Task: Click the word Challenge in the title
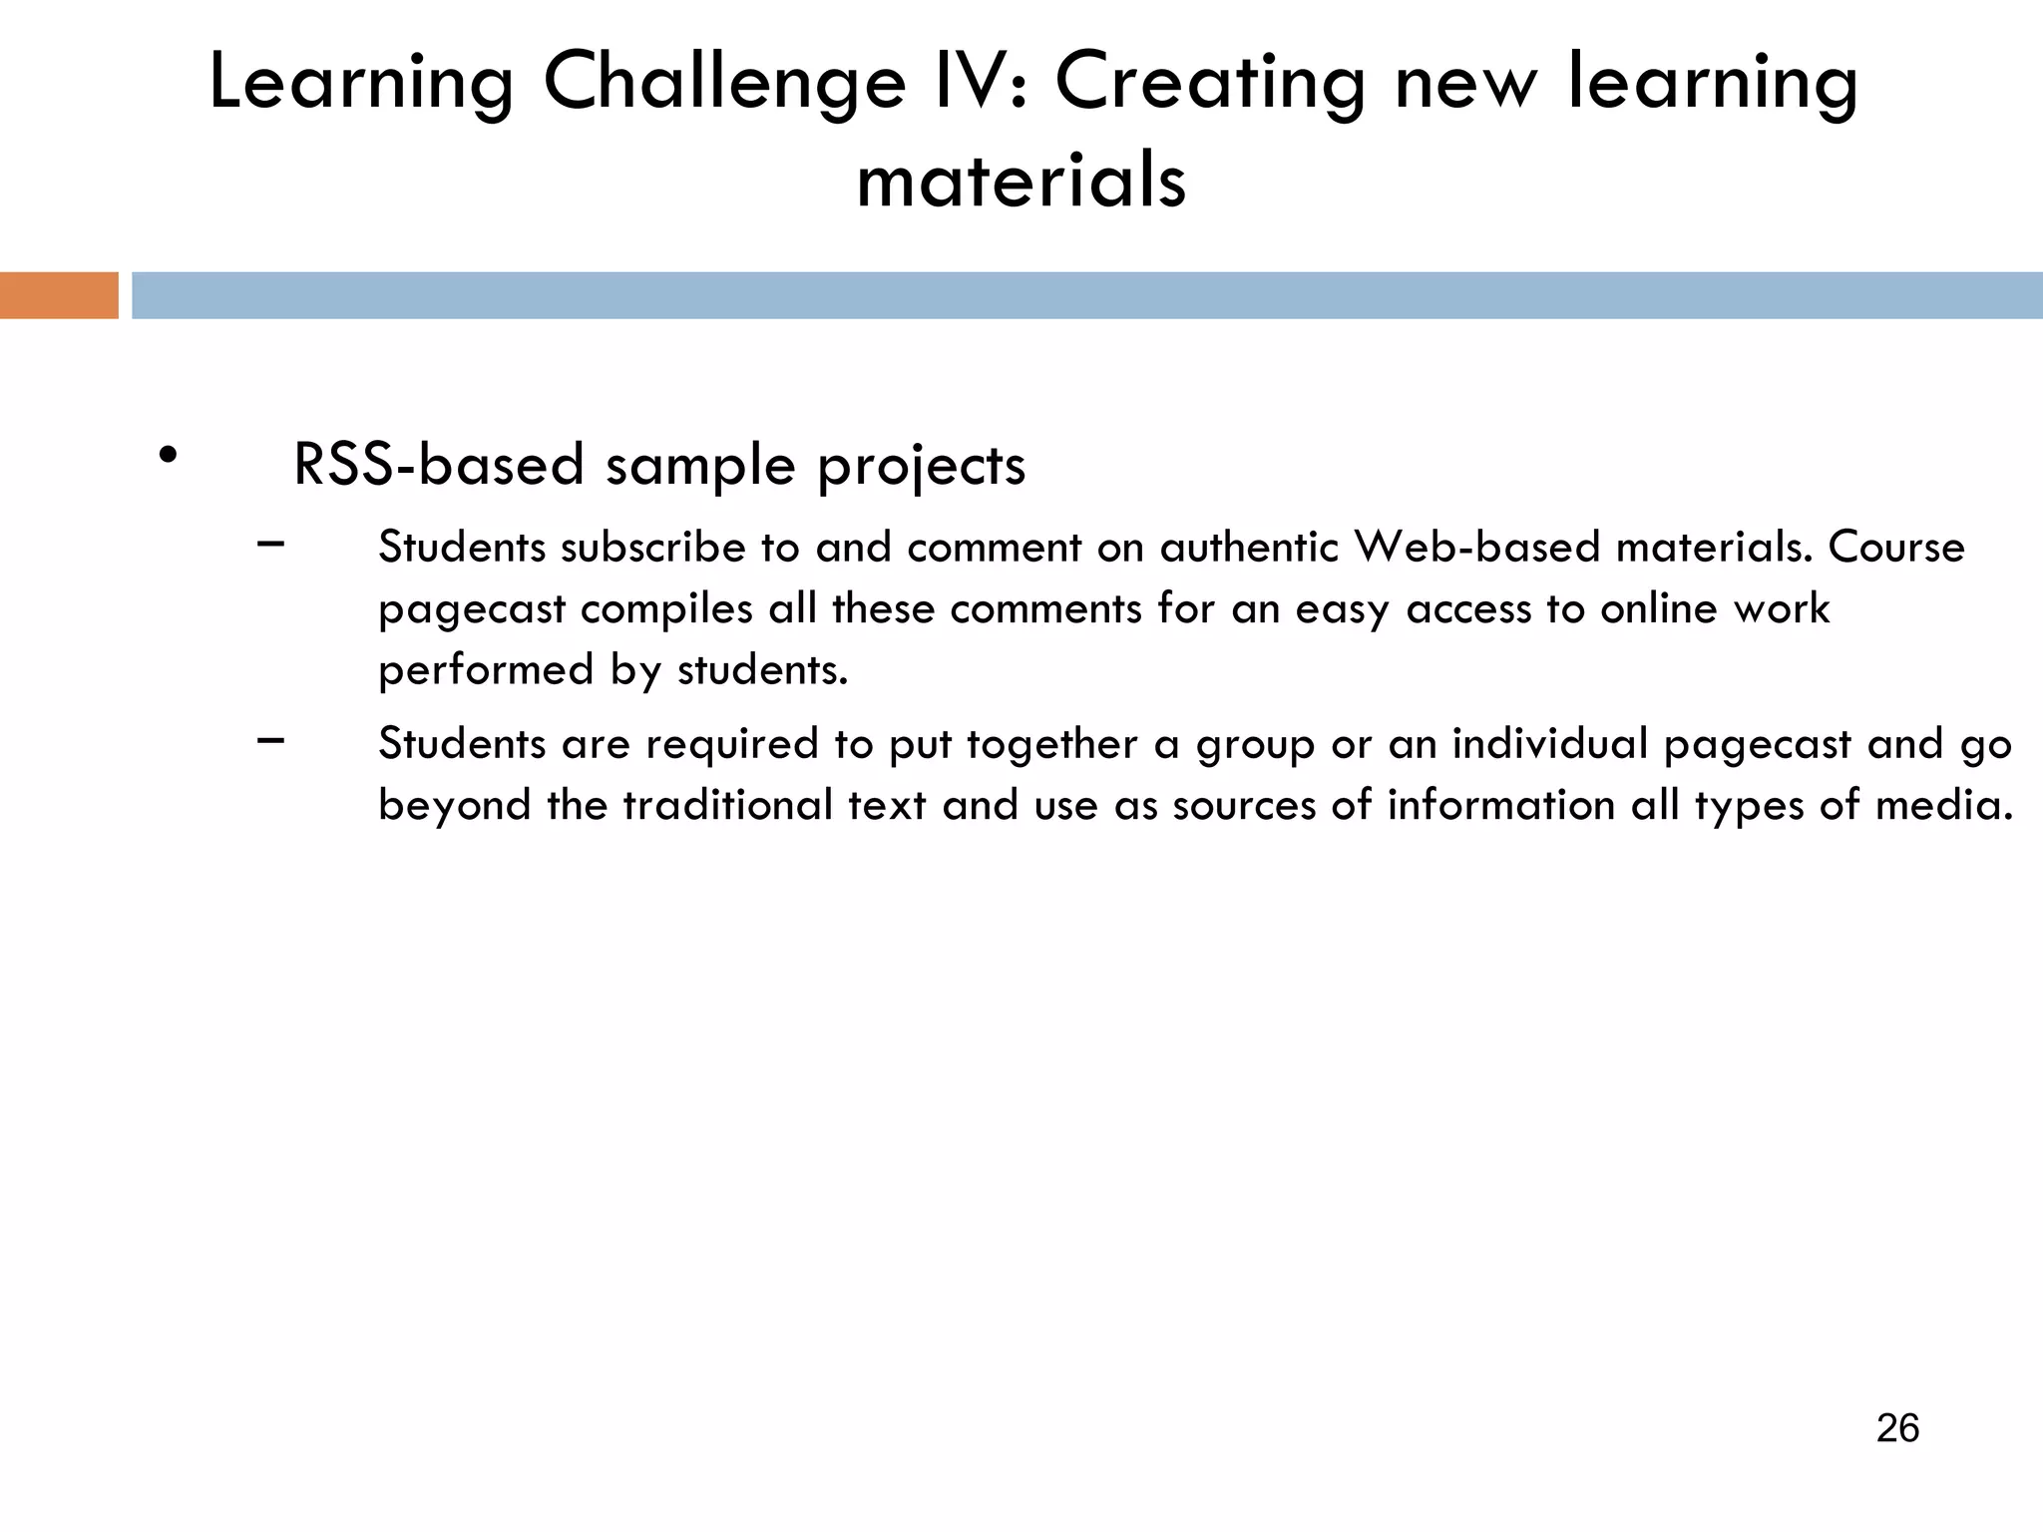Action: pyautogui.click(x=723, y=85)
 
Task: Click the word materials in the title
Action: pyautogui.click(x=1021, y=182)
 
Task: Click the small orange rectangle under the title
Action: pyautogui.click(x=59, y=295)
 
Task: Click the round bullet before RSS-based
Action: pyautogui.click(x=168, y=455)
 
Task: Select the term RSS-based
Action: pyautogui.click(x=439, y=465)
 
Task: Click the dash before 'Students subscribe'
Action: pyautogui.click(x=270, y=544)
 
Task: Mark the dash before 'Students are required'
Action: pyautogui.click(x=270, y=740)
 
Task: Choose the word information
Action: pyautogui.click(x=1501, y=805)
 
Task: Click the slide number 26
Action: pyautogui.click(x=1897, y=1428)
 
